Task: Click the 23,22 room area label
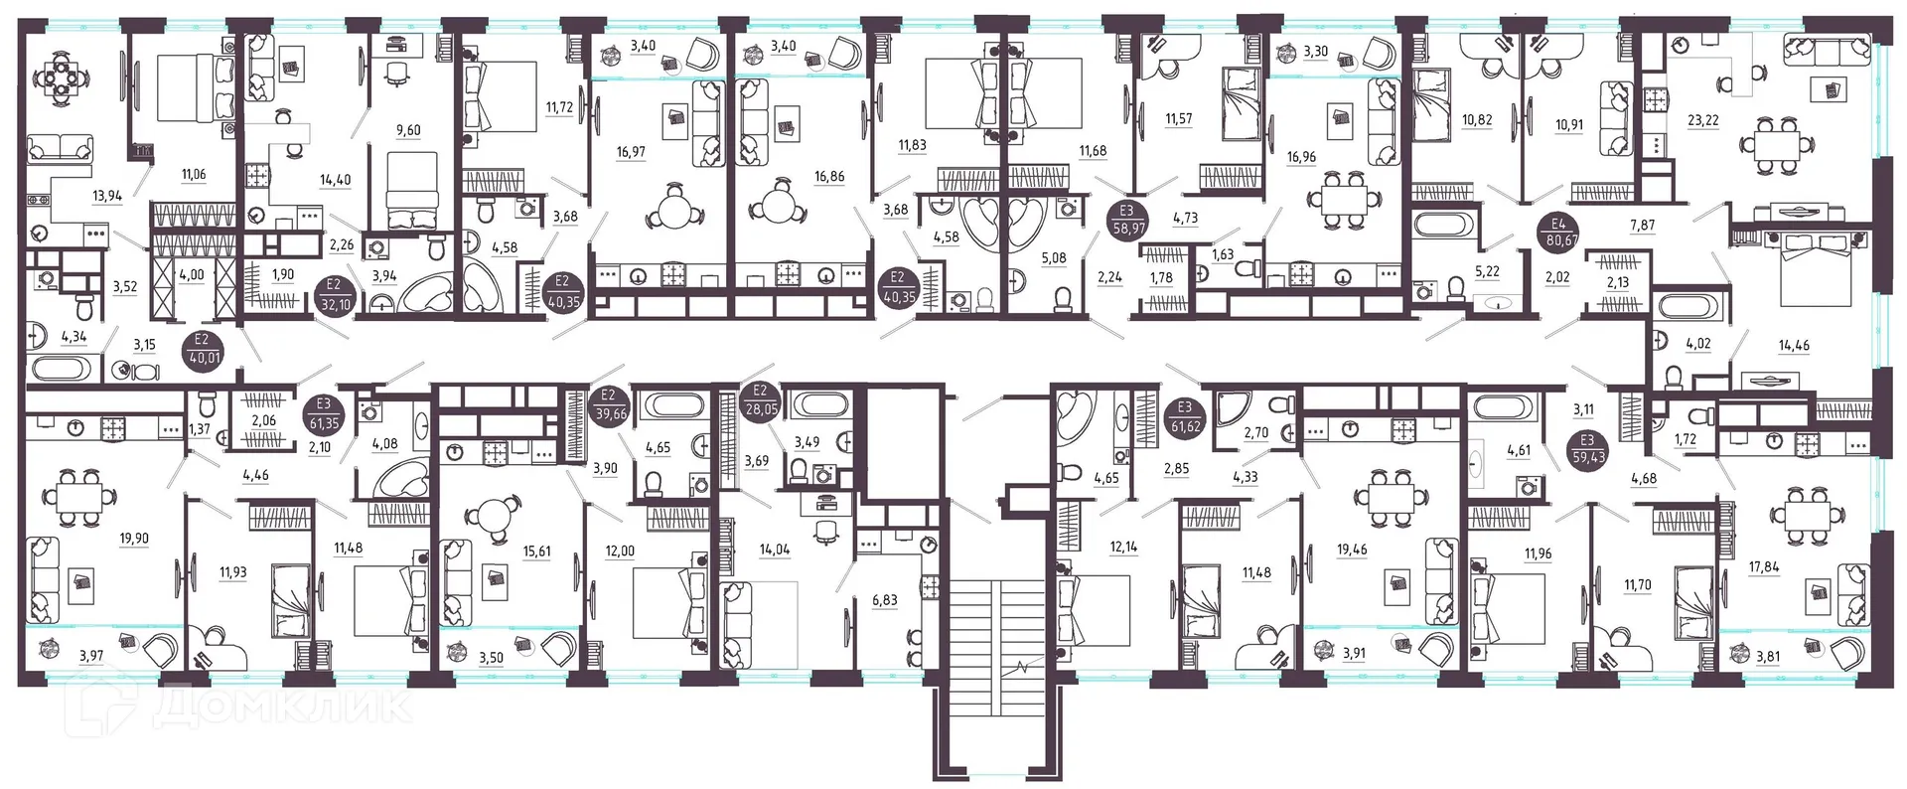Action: [x=1702, y=120]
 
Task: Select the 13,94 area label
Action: [x=107, y=196]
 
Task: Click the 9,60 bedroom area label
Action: [x=408, y=130]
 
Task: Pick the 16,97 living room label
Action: [x=630, y=152]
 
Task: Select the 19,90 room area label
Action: [x=134, y=539]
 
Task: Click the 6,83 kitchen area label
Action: [x=884, y=600]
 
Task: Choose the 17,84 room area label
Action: [x=1764, y=567]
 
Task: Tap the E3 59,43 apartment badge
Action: [x=1587, y=450]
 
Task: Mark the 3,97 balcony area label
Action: [x=90, y=655]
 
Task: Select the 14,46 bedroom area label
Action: [x=1794, y=346]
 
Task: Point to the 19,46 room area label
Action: [x=1352, y=549]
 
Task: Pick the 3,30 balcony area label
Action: [x=1315, y=52]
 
